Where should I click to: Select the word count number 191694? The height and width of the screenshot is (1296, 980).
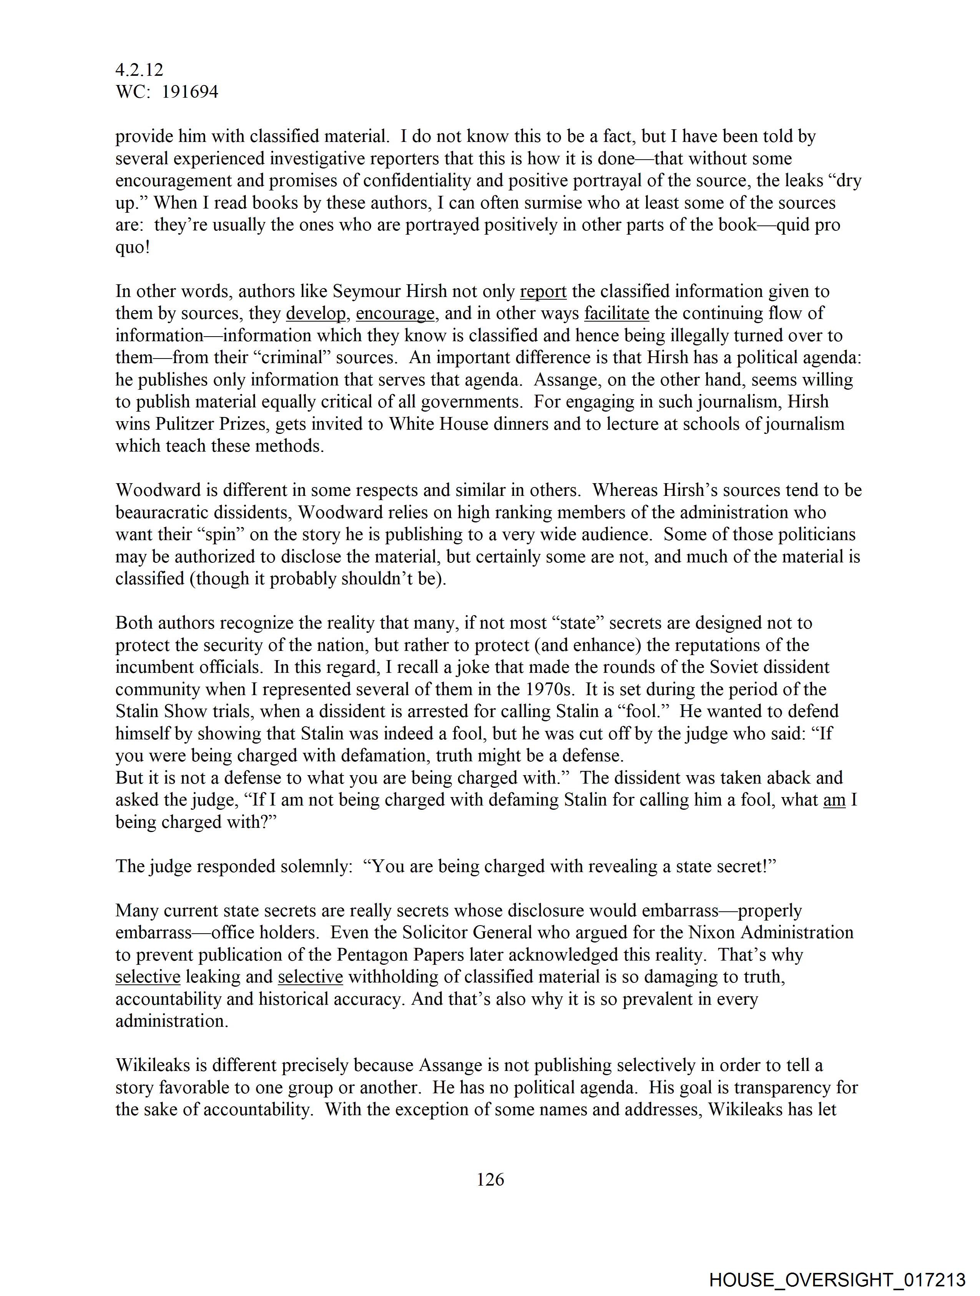pos(190,92)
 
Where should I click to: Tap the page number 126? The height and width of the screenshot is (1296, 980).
pos(490,1179)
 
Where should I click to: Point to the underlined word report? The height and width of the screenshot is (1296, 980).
pos(543,291)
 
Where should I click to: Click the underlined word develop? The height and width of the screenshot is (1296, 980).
pos(316,314)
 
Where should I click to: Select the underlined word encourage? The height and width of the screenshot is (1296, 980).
pos(395,314)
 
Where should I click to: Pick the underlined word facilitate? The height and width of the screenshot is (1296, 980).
pos(616,314)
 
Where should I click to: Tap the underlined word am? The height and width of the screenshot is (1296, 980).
pos(834,800)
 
